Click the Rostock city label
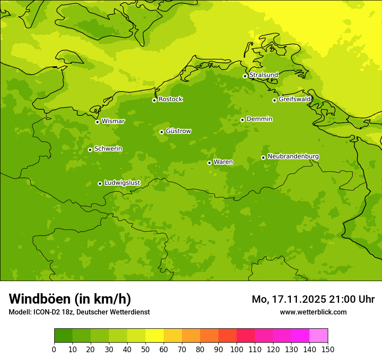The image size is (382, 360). (170, 99)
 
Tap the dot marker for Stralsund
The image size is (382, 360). (245, 76)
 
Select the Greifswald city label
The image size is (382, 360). (295, 99)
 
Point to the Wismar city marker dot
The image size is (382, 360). (97, 122)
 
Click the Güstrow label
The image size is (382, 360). (178, 131)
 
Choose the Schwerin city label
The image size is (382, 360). (108, 149)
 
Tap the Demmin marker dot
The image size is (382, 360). (242, 120)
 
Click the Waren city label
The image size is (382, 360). (223, 162)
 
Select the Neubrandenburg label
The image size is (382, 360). (293, 157)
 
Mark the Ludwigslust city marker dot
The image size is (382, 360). (100, 183)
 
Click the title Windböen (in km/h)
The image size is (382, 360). (70, 299)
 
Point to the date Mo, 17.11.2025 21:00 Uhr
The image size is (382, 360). (313, 299)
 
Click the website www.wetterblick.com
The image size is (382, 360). (313, 312)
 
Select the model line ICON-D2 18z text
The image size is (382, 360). (79, 312)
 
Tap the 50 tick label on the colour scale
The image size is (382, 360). (145, 349)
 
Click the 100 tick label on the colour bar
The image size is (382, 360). (237, 349)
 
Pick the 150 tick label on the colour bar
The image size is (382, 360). (328, 349)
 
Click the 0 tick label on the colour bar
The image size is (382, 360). (54, 349)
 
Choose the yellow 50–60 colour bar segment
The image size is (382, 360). (155, 336)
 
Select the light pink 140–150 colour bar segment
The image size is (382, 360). (319, 336)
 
